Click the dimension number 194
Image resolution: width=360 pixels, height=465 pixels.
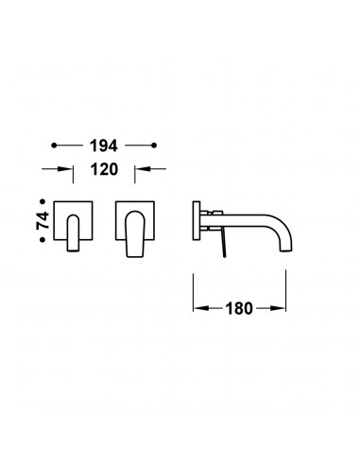[104, 146]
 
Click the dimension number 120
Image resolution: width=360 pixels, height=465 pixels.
[104, 169]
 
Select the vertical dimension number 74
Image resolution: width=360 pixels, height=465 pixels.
[43, 220]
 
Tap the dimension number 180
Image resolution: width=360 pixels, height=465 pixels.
[239, 309]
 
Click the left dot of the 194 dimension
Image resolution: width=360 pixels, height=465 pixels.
[54, 146]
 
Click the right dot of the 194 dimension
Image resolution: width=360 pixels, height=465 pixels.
[154, 146]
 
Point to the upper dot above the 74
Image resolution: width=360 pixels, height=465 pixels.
[43, 201]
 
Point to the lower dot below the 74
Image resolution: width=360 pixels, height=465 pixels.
[43, 240]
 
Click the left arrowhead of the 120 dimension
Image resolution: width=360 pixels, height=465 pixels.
[66, 169]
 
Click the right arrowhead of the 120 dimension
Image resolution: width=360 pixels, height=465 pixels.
[142, 169]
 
